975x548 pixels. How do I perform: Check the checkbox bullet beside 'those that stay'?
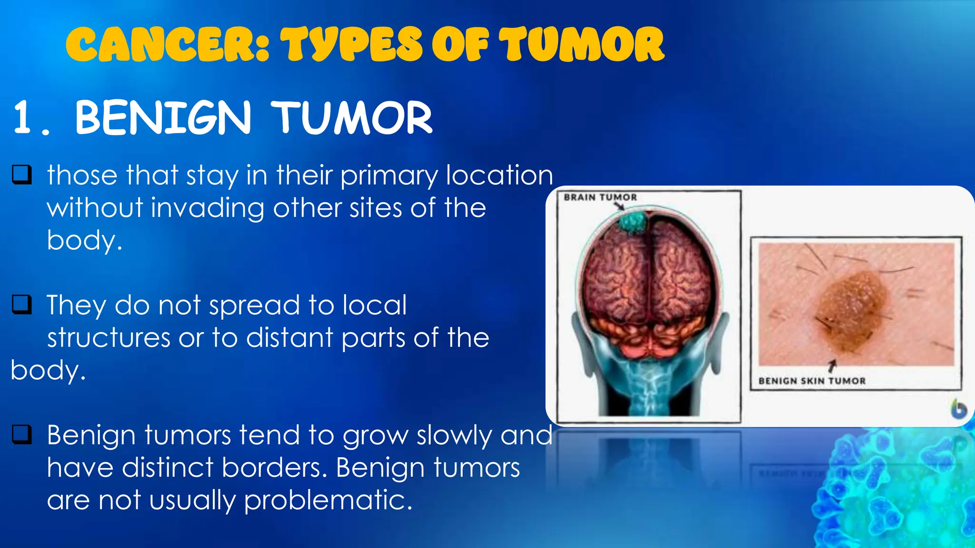click(22, 175)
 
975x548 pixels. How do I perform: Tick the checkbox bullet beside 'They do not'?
click(22, 305)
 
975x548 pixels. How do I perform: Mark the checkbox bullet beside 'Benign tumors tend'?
click(22, 434)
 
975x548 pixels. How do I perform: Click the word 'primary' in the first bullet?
click(388, 176)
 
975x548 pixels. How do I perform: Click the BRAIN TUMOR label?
click(600, 197)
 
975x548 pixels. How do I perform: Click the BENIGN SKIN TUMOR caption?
click(812, 381)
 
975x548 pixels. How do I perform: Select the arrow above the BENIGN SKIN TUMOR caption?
click(832, 365)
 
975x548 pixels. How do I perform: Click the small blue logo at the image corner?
click(958, 409)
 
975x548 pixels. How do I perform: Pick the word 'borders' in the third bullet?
click(274, 468)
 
